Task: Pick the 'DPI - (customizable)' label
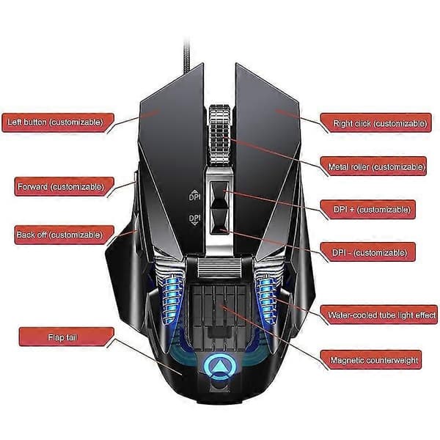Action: click(368, 252)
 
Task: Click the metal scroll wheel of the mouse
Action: click(219, 136)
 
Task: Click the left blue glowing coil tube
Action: click(172, 298)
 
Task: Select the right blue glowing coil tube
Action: click(266, 298)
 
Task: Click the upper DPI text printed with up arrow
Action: click(195, 195)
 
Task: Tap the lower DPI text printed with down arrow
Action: click(195, 219)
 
